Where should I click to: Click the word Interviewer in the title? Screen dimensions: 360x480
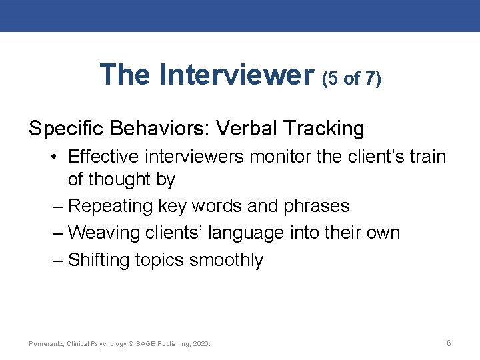coord(237,75)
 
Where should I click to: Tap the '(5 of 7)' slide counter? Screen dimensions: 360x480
coord(351,79)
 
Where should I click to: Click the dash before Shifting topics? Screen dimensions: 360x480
coord(57,259)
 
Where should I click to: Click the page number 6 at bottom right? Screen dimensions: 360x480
coord(449,343)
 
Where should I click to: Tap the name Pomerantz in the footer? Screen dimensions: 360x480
coord(45,344)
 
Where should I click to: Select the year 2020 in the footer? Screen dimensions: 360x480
coord(200,344)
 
